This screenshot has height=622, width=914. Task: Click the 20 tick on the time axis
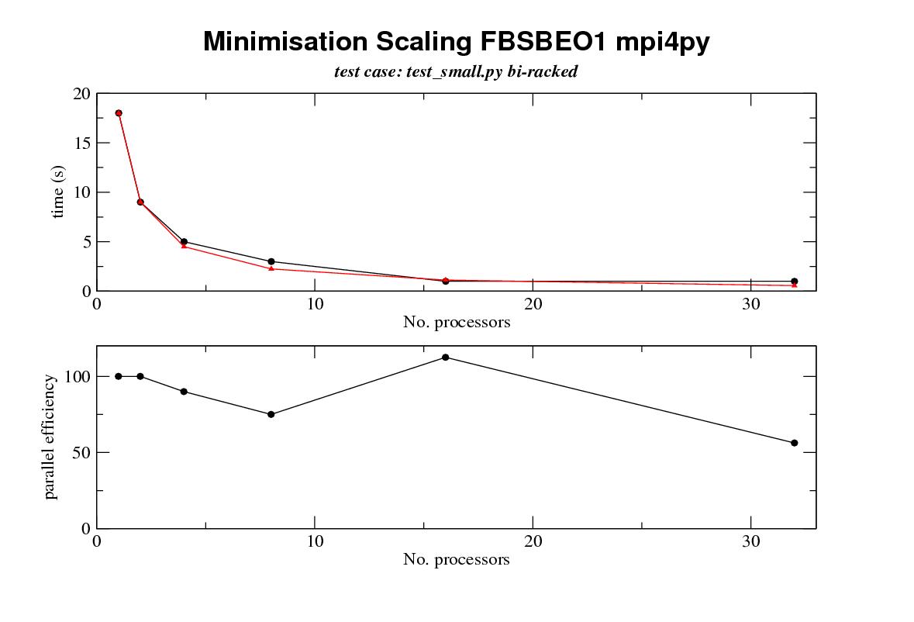click(81, 94)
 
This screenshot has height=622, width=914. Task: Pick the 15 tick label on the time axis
click(81, 143)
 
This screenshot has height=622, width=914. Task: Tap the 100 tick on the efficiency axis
click(76, 376)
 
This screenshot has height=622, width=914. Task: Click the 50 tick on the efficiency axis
click(80, 452)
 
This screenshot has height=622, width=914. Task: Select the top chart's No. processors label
click(456, 322)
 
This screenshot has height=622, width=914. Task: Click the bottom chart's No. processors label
click(456, 559)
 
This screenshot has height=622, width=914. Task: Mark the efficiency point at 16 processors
click(445, 357)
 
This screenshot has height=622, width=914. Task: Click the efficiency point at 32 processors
click(794, 443)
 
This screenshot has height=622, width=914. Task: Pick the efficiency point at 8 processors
click(271, 414)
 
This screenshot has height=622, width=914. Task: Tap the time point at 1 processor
click(119, 113)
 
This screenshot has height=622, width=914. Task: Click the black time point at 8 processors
click(271, 261)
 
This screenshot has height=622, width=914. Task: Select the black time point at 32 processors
click(794, 281)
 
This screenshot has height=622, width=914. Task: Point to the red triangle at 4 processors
click(184, 246)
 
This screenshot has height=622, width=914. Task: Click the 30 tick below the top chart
click(750, 303)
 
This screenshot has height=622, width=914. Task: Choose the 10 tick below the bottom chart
click(315, 541)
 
